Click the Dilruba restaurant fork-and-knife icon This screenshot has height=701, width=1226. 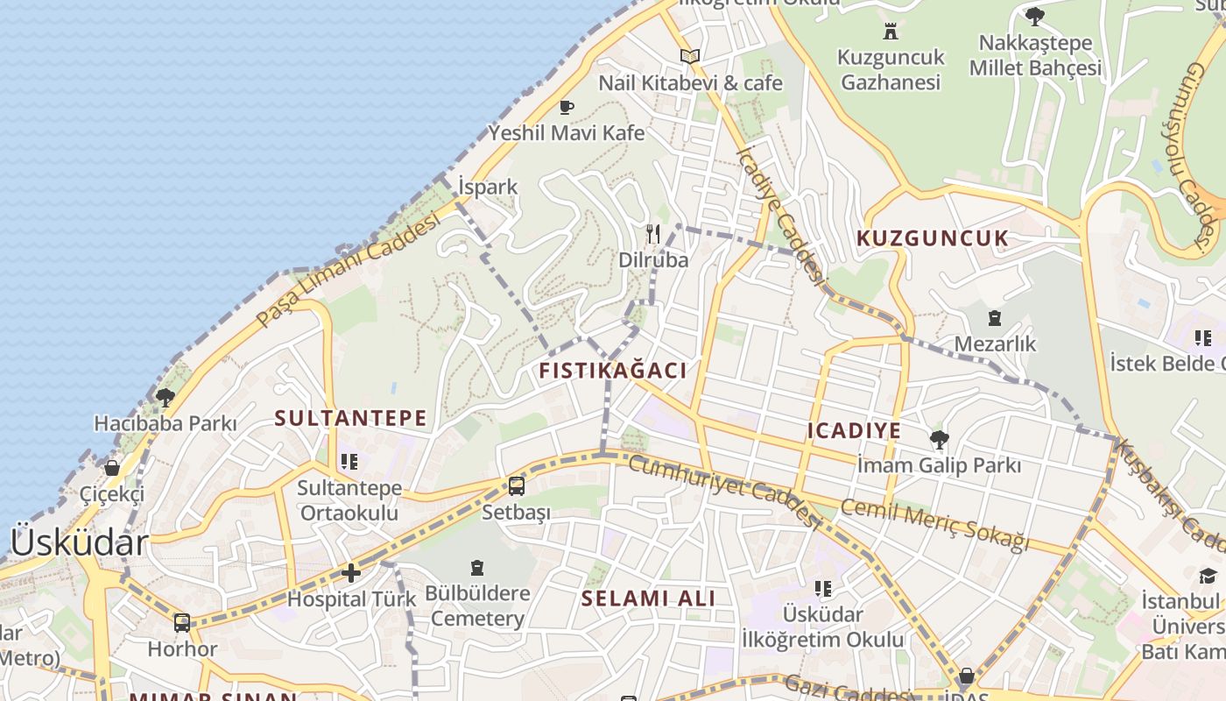pyautogui.click(x=653, y=234)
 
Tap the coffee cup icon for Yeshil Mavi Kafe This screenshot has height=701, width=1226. pyautogui.click(x=567, y=108)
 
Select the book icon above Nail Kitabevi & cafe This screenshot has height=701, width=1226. pyautogui.click(x=690, y=57)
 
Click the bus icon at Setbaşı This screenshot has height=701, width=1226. pyautogui.click(x=517, y=485)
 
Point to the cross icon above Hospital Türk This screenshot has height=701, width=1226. pyautogui.click(x=351, y=573)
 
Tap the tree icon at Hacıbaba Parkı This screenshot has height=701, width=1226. pyautogui.click(x=165, y=398)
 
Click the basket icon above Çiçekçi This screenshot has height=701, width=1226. pyautogui.click(x=112, y=468)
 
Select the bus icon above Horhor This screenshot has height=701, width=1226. pyautogui.click(x=182, y=623)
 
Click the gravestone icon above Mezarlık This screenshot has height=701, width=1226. pyautogui.click(x=995, y=318)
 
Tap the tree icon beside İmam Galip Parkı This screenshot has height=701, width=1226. pyautogui.click(x=940, y=439)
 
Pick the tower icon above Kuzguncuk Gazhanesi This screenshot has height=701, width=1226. pyautogui.click(x=891, y=32)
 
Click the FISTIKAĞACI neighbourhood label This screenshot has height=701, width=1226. pyautogui.click(x=613, y=371)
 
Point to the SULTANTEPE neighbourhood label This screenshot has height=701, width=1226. pyautogui.click(x=350, y=418)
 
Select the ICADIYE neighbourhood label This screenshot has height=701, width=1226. pyautogui.click(x=854, y=430)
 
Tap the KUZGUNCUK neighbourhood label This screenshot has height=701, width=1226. pyautogui.click(x=933, y=238)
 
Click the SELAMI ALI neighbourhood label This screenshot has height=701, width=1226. pyautogui.click(x=649, y=598)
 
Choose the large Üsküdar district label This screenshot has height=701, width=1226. pyautogui.click(x=79, y=543)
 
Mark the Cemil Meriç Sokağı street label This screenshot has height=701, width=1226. pyautogui.click(x=935, y=524)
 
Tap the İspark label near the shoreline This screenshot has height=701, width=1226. pyautogui.click(x=488, y=187)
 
